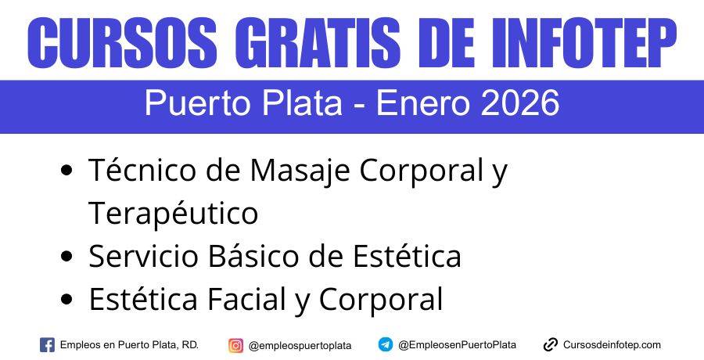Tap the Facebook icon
click(x=47, y=344)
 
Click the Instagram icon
click(x=235, y=344)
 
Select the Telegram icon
click(x=386, y=344)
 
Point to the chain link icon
click(x=551, y=344)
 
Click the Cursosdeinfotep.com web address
click(x=612, y=344)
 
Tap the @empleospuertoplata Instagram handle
click(x=300, y=345)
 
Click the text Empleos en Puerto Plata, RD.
click(x=129, y=344)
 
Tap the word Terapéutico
click(x=173, y=213)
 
